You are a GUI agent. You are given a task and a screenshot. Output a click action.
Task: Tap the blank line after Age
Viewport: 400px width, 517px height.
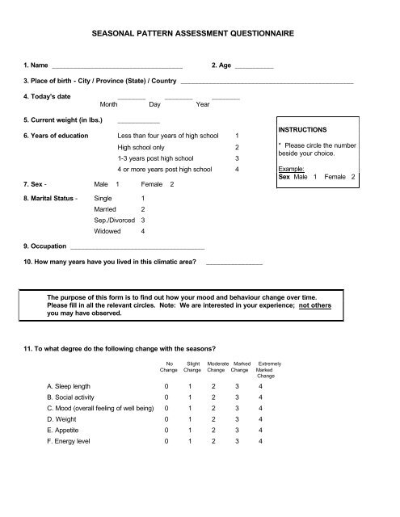pos(254,65)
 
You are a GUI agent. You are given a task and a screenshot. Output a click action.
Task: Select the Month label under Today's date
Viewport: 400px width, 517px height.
pos(109,104)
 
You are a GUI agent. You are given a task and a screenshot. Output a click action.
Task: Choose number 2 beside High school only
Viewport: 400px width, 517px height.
pos(237,148)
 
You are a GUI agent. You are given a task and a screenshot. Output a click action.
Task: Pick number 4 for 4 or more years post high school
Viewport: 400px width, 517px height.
pos(237,170)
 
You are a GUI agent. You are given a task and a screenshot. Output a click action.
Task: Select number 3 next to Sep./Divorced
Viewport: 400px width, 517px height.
pos(143,220)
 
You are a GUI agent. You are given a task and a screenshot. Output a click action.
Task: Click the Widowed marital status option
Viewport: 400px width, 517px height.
pos(109,232)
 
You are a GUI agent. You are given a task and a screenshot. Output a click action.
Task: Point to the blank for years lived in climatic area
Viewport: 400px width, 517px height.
pos(234,264)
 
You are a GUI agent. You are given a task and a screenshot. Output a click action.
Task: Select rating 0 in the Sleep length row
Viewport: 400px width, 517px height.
pos(167,386)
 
